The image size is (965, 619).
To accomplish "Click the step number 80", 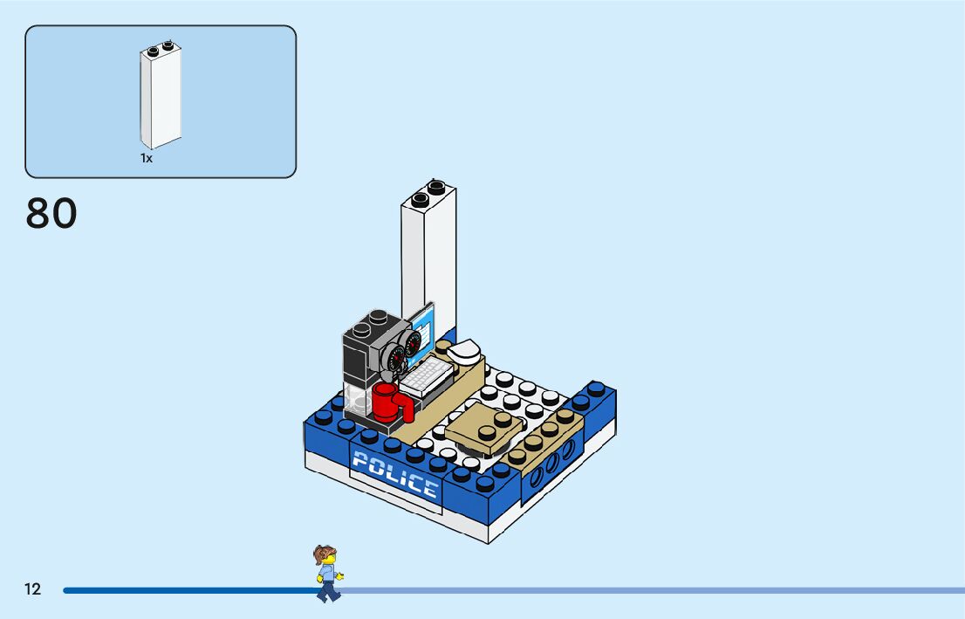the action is point(51,214).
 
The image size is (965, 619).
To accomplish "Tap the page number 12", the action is point(32,589).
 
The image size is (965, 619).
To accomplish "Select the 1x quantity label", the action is point(147,159).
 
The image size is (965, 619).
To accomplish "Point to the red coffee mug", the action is point(386,402).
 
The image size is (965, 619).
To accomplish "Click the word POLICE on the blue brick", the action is point(395,474).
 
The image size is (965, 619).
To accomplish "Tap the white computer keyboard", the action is point(425,376).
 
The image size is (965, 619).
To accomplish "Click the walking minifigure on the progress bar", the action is point(327,574).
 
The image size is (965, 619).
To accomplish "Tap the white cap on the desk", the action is point(465,351).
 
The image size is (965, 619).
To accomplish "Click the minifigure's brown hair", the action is point(325,554).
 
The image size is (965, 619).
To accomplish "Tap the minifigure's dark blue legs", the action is point(328,591).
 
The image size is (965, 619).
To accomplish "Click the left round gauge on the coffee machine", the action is point(398,358).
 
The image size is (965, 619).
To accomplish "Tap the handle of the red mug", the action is point(404,407).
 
